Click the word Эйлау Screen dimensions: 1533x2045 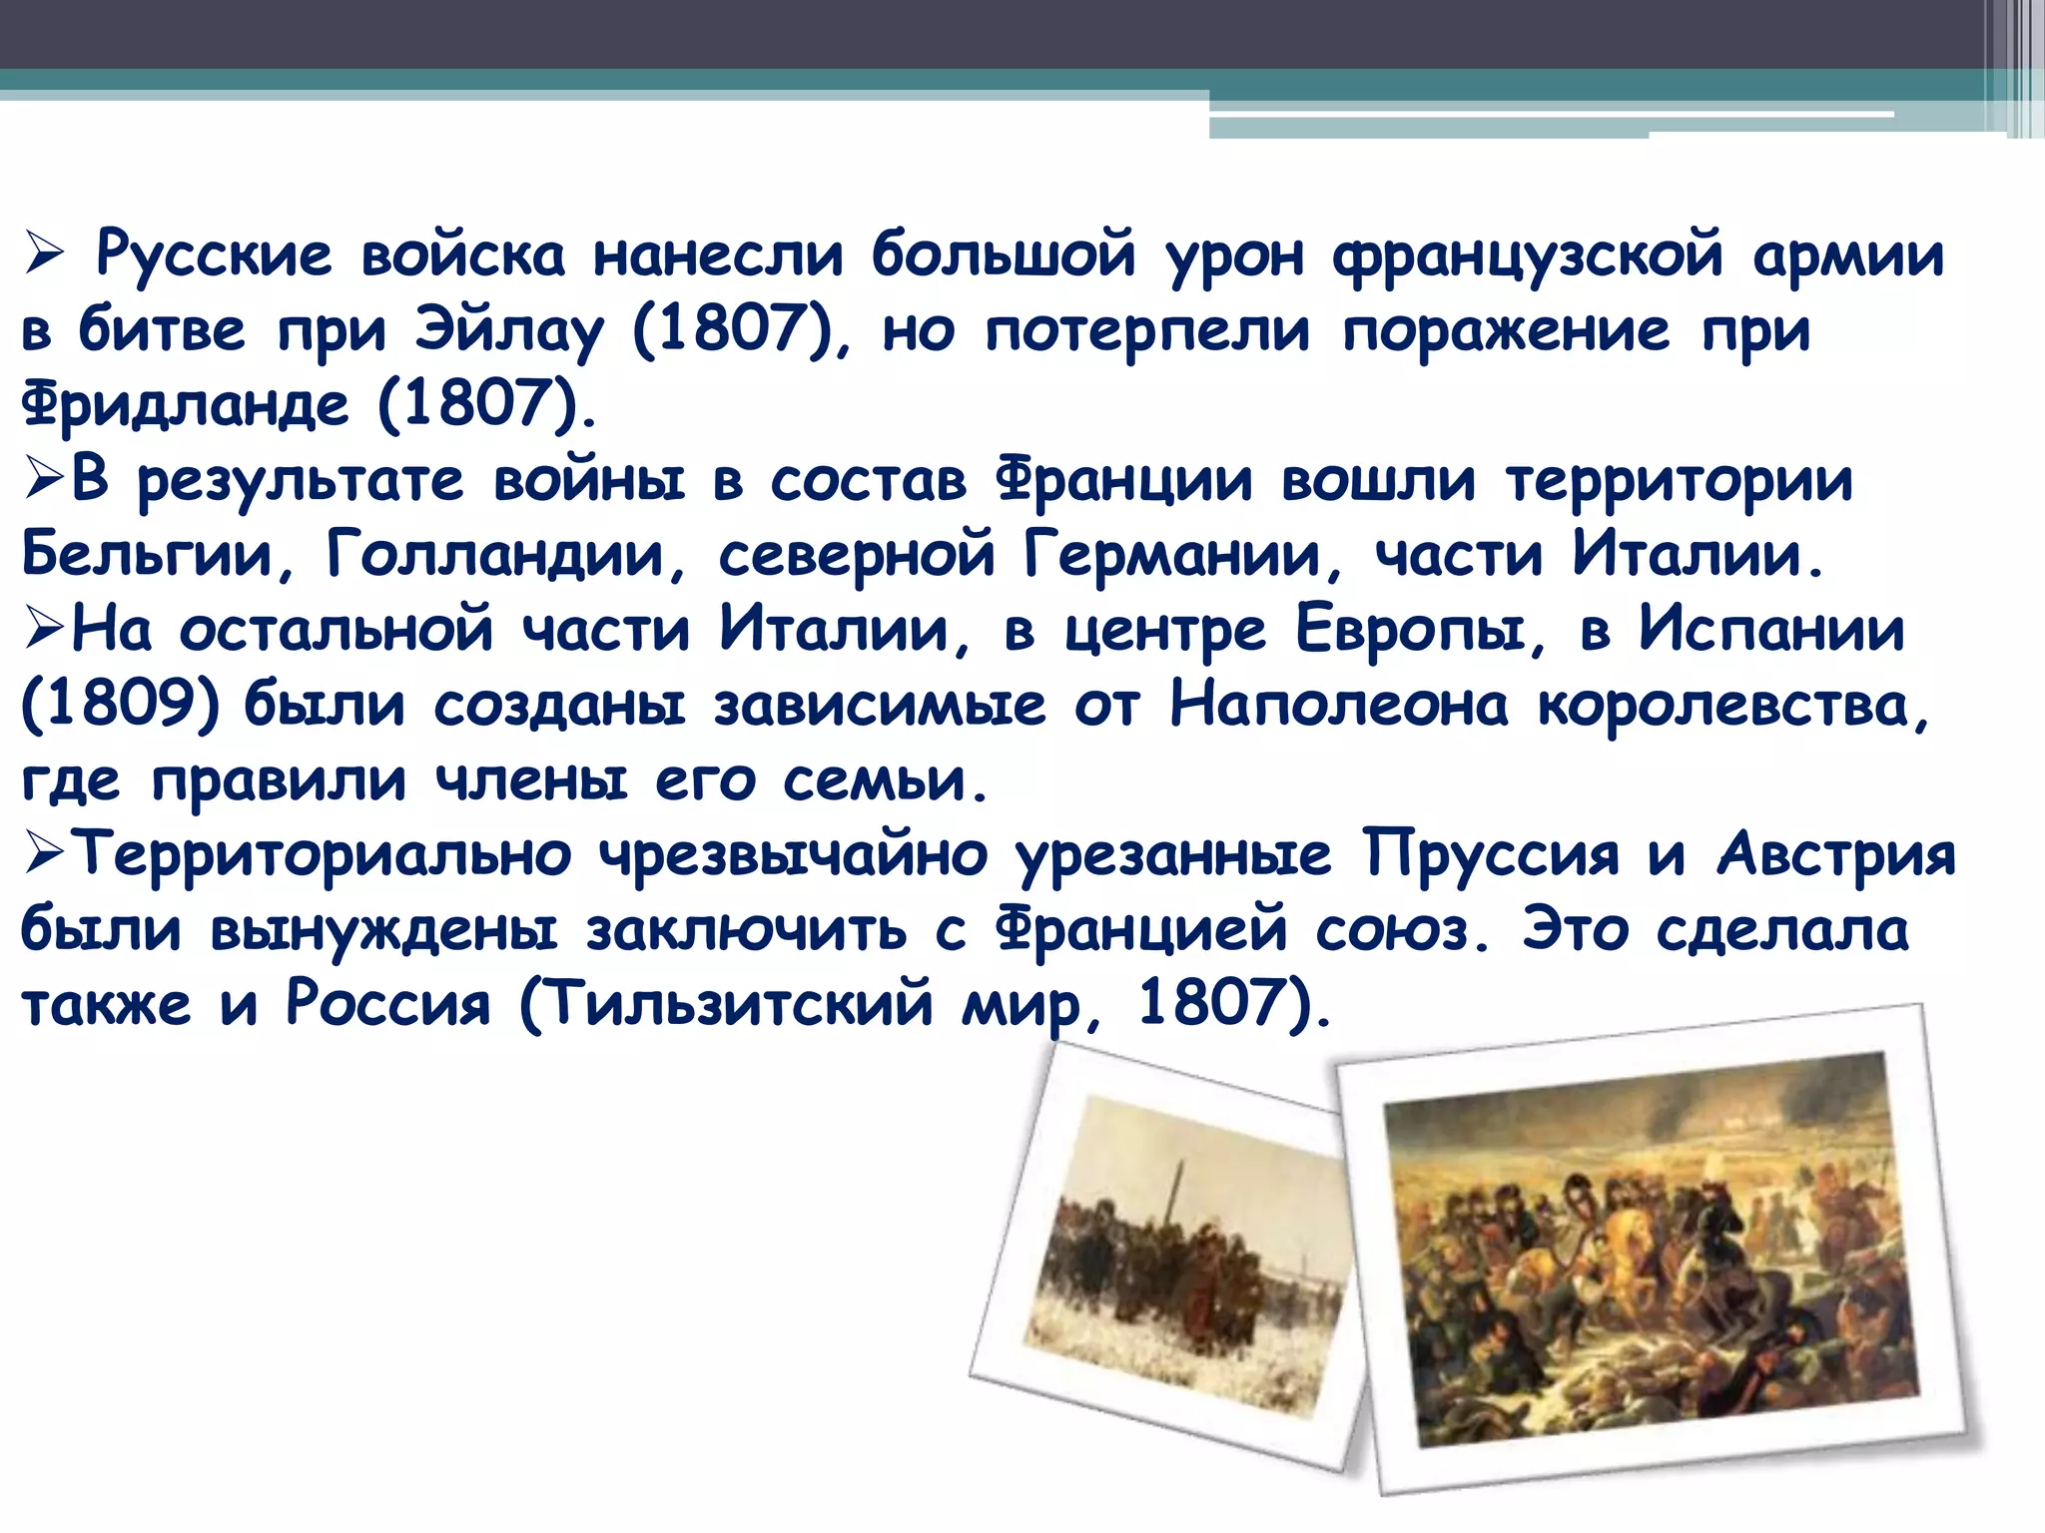click(x=509, y=330)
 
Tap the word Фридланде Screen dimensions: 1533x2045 click(x=186, y=404)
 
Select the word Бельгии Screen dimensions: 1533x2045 click(x=146, y=554)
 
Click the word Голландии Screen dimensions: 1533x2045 click(x=494, y=554)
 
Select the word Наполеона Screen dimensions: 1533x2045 click(x=1338, y=705)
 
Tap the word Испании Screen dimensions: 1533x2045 click(x=1771, y=630)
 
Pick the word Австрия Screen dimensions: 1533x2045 click(x=1835, y=855)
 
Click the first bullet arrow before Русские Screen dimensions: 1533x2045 click(x=44, y=255)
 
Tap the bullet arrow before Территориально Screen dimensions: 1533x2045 click(x=44, y=855)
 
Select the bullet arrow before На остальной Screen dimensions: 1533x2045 click(x=44, y=630)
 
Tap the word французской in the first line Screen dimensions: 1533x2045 click(x=1528, y=255)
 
